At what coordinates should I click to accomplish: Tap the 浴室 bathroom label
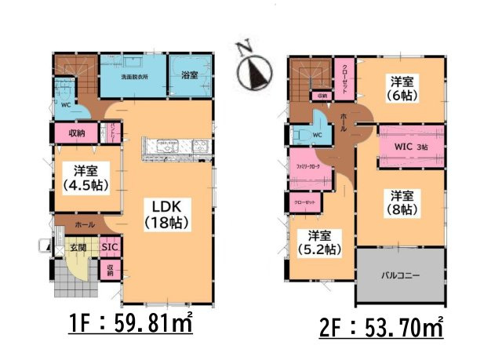click(188, 75)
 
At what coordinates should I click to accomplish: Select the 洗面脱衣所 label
click(133, 78)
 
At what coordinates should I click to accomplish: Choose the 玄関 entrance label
click(76, 248)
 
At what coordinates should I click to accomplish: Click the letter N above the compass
click(243, 48)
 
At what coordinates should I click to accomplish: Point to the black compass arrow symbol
click(256, 75)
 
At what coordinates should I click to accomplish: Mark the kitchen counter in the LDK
click(175, 146)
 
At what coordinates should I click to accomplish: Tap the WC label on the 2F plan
click(317, 135)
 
